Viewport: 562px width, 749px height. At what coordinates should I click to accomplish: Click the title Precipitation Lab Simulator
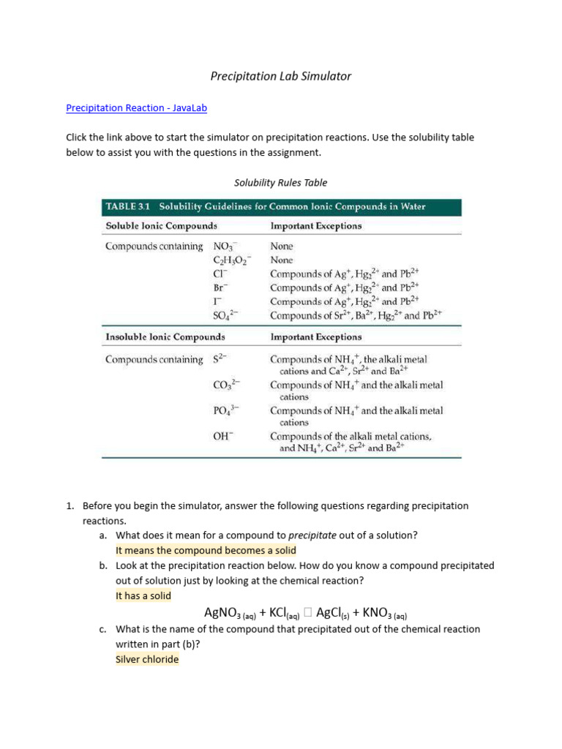pyautogui.click(x=281, y=76)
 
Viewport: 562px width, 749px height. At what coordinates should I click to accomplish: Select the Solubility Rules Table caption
pyautogui.click(x=280, y=183)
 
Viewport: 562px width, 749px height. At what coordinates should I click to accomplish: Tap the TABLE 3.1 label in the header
pyautogui.click(x=129, y=207)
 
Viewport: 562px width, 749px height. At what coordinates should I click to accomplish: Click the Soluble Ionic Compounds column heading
pyautogui.click(x=161, y=226)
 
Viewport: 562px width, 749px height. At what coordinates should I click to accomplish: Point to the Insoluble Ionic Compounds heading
pyautogui.click(x=165, y=337)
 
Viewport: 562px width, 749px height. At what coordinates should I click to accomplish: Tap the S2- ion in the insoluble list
pyautogui.click(x=220, y=359)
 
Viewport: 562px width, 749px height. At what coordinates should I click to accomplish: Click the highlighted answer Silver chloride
pyautogui.click(x=147, y=659)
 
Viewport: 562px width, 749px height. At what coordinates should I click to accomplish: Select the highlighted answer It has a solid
pyautogui.click(x=143, y=595)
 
